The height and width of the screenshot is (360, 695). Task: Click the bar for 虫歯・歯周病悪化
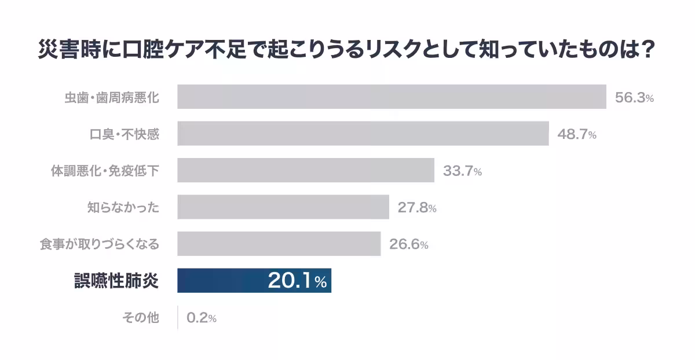(x=392, y=97)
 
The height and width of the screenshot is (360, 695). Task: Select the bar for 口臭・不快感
(x=363, y=134)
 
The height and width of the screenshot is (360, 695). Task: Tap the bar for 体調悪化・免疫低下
(x=306, y=170)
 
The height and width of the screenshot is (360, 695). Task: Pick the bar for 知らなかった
(x=283, y=207)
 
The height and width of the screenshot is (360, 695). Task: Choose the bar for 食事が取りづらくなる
(x=279, y=244)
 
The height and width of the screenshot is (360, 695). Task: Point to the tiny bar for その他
(x=178, y=317)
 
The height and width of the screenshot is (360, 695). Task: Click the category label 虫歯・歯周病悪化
(x=112, y=98)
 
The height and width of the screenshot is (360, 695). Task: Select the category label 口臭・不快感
(x=125, y=134)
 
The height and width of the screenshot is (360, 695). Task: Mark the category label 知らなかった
(x=123, y=207)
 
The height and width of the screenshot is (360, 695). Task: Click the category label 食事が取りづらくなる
(x=99, y=244)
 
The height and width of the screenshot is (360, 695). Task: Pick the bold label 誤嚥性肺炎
(x=116, y=281)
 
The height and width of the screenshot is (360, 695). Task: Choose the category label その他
(x=141, y=317)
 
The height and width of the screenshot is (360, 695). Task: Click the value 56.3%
(x=634, y=98)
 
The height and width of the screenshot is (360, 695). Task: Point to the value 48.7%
(x=576, y=134)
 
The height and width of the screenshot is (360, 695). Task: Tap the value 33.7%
(x=462, y=171)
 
